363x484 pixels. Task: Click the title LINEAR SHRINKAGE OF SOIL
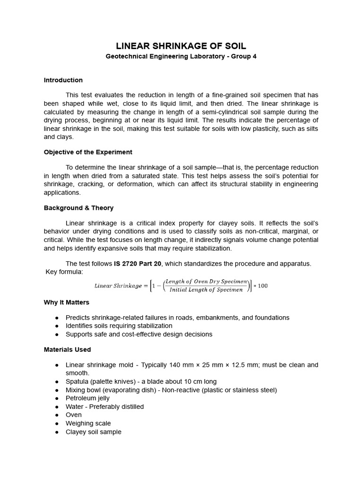[181, 46]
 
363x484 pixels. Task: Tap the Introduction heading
[63, 80]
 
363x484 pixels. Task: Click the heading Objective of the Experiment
[88, 152]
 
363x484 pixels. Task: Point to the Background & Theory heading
[78, 208]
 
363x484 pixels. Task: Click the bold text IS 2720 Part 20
[138, 264]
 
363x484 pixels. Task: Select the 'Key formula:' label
[64, 272]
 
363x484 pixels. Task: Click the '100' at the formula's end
[262, 286]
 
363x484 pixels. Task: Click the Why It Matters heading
[67, 302]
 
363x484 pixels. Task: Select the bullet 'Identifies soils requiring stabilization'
[119, 326]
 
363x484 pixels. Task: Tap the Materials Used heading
[67, 350]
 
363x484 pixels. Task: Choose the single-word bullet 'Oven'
[74, 415]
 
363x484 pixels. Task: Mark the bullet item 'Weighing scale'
[88, 423]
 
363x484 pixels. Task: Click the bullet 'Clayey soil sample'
[93, 432]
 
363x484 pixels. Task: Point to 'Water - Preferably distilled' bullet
[104, 407]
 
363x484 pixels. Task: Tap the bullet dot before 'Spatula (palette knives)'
[57, 381]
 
